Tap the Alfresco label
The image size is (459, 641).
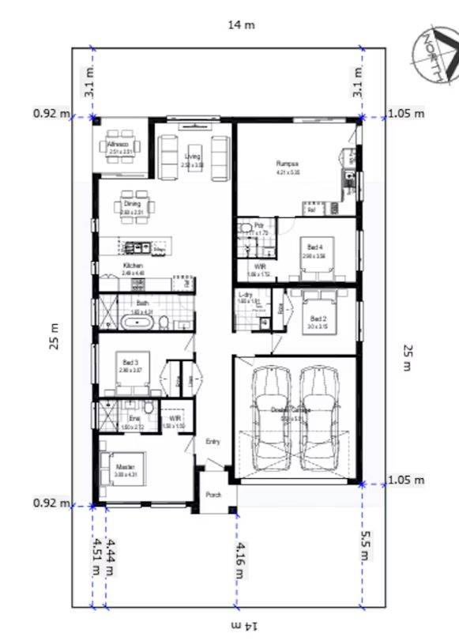click(119, 145)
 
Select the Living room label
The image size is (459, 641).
click(193, 156)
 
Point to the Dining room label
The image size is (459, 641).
click(132, 204)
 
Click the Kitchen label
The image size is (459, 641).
click(134, 266)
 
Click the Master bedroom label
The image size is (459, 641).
click(123, 455)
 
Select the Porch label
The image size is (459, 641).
click(213, 496)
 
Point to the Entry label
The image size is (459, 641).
click(213, 442)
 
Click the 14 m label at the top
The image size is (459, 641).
click(241, 25)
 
